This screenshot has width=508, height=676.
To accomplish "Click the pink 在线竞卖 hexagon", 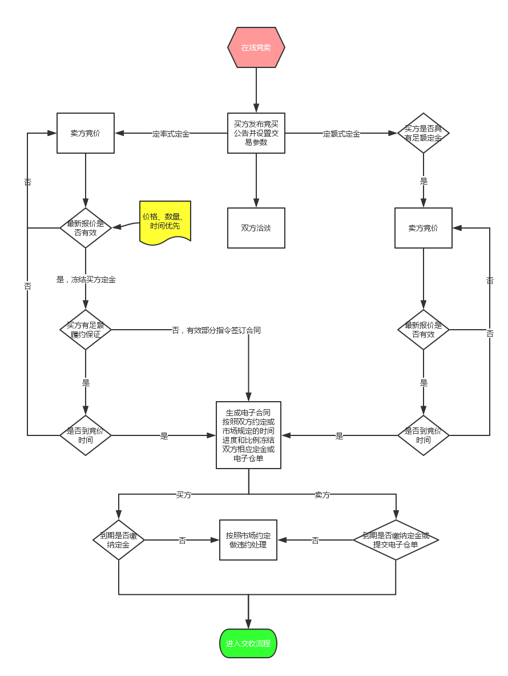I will [x=256, y=47].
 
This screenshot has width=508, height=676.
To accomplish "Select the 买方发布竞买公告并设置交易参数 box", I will [x=256, y=133].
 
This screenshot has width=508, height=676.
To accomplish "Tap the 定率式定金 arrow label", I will [x=171, y=134].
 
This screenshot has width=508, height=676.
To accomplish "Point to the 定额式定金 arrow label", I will [x=341, y=134].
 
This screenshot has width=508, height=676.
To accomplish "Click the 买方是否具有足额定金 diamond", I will [x=424, y=133].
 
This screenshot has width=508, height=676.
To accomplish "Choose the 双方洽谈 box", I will [x=256, y=227].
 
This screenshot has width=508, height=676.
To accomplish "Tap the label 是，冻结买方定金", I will [x=86, y=280].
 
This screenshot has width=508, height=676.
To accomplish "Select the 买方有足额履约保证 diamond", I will [x=86, y=330].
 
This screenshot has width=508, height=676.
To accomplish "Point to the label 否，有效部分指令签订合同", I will [x=216, y=330].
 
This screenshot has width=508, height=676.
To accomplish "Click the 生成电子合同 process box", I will [x=248, y=435].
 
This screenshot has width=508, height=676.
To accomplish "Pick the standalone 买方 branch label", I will [x=184, y=495].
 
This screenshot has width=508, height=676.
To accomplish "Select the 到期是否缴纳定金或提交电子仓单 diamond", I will [x=396, y=539].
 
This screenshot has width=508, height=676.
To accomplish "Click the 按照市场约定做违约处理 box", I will [x=248, y=539].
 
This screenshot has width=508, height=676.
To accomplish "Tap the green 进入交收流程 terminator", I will [x=248, y=643].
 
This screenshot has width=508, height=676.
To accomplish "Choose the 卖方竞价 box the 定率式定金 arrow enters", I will [x=86, y=133].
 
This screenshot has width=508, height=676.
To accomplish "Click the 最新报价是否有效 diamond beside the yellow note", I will [x=86, y=227].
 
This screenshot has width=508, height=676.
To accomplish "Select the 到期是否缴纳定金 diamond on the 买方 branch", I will [x=119, y=539].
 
